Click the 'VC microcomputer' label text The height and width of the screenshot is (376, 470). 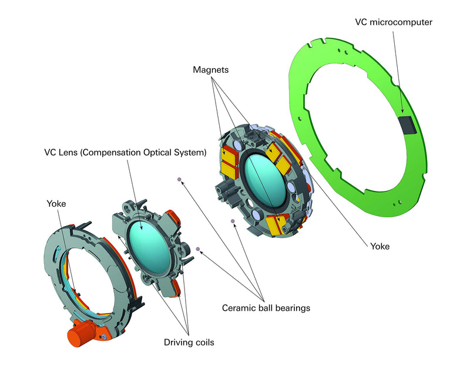click(393, 22)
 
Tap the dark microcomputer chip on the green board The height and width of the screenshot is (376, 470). click(406, 123)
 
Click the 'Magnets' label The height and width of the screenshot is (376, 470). click(210, 70)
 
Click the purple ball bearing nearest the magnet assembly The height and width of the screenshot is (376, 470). click(233, 221)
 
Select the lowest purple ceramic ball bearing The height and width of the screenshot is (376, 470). click(199, 249)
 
